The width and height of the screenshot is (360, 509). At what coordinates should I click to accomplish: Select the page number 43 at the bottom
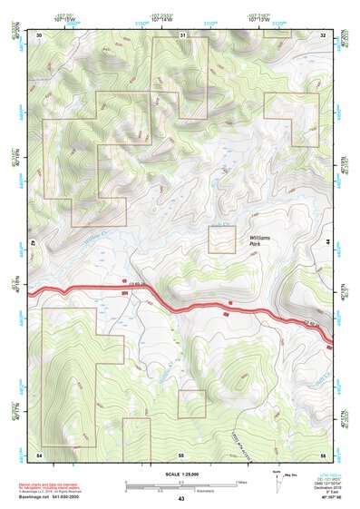pos(180,499)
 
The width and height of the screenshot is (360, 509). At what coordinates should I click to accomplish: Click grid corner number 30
pos(39,34)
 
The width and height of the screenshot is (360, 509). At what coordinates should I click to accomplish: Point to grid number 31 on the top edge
pos(182,34)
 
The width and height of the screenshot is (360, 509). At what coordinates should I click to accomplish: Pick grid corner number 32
pos(322,34)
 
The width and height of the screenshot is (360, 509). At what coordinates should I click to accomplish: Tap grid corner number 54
pos(39,453)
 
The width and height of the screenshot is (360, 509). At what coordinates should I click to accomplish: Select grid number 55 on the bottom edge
pos(180,453)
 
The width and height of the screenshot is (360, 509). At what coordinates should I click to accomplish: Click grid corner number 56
pos(322,453)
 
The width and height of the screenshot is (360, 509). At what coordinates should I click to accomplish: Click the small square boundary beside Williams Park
pos(222,240)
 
